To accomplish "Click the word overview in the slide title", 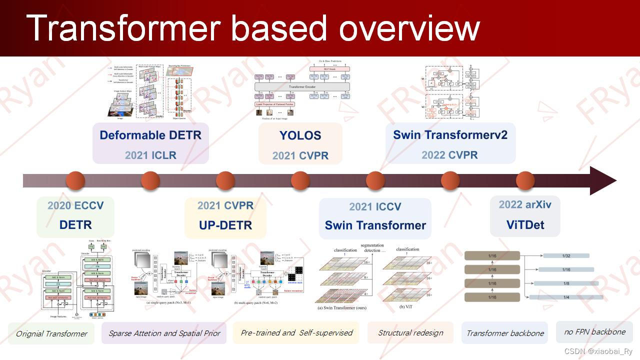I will pyautogui.click(x=409, y=28).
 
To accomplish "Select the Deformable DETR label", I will pyautogui.click(x=150, y=135).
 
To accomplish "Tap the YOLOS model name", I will pyautogui.click(x=300, y=135).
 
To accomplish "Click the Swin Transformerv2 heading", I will pyautogui.click(x=450, y=134).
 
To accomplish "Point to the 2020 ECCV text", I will pyautogui.click(x=75, y=205).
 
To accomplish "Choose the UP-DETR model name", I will pyautogui.click(x=225, y=225).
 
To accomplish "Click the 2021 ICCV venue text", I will pyautogui.click(x=375, y=206).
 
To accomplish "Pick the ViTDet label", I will pyautogui.click(x=525, y=224).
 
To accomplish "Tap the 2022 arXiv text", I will pyautogui.click(x=525, y=204).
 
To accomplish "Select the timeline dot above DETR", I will pyautogui.click(x=75, y=180).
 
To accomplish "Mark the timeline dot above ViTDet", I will pyautogui.click(x=525, y=180).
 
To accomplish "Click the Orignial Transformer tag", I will pyautogui.click(x=51, y=333).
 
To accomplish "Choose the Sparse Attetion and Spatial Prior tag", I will pyautogui.click(x=164, y=333).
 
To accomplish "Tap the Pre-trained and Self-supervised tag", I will pyautogui.click(x=296, y=332).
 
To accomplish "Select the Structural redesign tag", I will pyautogui.click(x=410, y=332).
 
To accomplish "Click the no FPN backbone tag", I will pyautogui.click(x=594, y=331).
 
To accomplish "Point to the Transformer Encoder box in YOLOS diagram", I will pyautogui.click(x=302, y=86).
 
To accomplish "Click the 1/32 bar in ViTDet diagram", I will pyautogui.click(x=566, y=256).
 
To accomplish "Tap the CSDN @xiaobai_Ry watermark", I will pyautogui.click(x=598, y=351).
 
